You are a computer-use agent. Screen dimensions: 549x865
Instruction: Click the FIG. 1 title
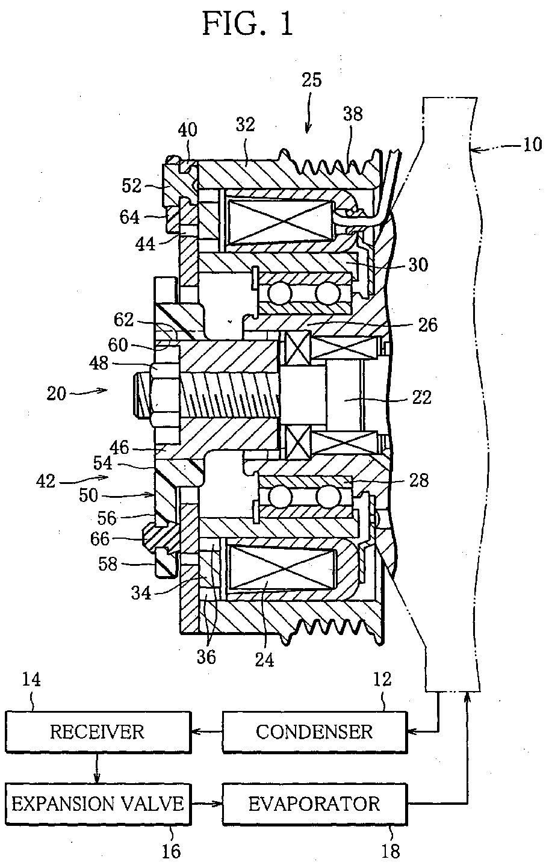tap(248, 24)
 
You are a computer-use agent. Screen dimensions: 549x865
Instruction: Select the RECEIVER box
tap(98, 732)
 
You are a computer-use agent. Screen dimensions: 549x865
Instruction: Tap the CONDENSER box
tap(315, 732)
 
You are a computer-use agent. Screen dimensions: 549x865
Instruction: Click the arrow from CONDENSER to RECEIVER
tap(207, 731)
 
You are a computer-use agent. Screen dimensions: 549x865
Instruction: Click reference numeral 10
tap(533, 144)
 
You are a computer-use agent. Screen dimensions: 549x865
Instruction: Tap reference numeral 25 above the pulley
tap(311, 80)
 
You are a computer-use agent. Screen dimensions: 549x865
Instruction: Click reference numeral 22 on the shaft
tap(421, 397)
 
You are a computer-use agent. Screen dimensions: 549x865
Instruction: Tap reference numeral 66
tap(100, 539)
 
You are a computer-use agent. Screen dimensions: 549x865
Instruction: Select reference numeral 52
tap(132, 186)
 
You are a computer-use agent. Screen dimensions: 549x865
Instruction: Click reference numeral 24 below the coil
tap(264, 660)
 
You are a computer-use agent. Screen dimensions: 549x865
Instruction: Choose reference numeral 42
tap(46, 482)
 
